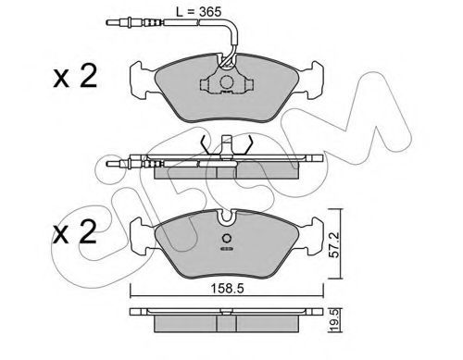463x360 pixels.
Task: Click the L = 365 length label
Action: [x=198, y=12]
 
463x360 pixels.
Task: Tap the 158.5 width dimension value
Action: [x=227, y=289]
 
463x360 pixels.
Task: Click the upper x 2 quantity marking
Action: [x=75, y=76]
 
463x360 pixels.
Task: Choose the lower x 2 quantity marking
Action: [x=74, y=232]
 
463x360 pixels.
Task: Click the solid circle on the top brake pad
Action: [x=227, y=81]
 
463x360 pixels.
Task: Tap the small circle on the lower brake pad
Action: [x=227, y=239]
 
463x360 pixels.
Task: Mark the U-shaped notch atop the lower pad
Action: [x=227, y=217]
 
